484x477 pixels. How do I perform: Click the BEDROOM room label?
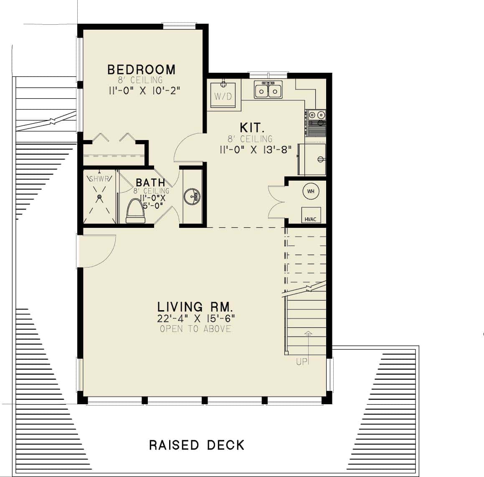141,69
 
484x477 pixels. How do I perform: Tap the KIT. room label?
251,128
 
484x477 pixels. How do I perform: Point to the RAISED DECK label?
197,445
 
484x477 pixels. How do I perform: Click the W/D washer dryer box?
223,95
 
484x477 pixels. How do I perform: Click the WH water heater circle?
311,191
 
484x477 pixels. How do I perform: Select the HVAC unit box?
311,215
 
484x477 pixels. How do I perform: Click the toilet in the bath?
135,211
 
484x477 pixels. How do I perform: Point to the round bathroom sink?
192,196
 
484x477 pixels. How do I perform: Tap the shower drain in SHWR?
99,196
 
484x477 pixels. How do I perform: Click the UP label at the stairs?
302,362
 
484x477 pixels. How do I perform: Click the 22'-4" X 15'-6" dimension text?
196,318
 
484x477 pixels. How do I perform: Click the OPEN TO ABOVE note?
195,329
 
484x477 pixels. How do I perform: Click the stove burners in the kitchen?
316,115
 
